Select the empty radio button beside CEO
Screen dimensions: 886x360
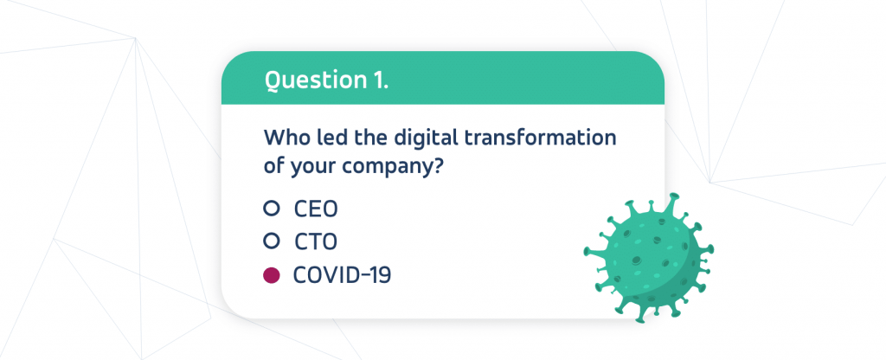pos(271,209)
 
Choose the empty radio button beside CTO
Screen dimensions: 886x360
pos(271,241)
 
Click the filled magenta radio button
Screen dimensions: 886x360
pos(271,275)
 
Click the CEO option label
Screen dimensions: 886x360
pos(316,209)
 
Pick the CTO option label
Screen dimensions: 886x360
pos(316,242)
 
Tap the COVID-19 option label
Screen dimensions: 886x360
pos(342,275)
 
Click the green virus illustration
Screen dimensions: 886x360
pos(649,258)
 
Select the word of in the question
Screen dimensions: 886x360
pos(274,168)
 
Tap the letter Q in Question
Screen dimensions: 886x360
pos(273,81)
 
